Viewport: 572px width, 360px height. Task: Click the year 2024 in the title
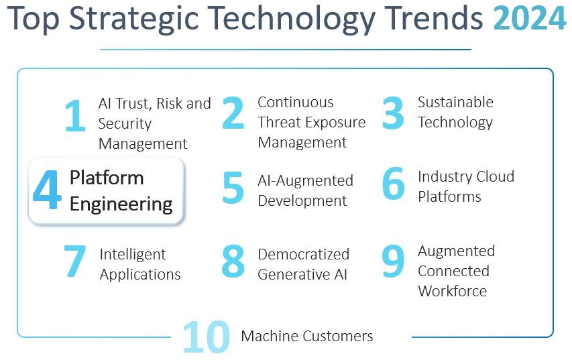tap(529, 18)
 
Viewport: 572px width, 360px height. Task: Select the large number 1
tap(75, 115)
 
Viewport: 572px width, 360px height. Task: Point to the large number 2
tap(233, 113)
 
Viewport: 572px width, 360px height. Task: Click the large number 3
tap(393, 113)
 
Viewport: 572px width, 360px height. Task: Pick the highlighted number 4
tap(47, 190)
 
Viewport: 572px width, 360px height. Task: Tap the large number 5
tap(233, 188)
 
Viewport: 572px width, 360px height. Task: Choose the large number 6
tap(393, 184)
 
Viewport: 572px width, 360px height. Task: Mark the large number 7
tap(75, 261)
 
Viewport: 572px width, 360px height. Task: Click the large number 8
tap(233, 261)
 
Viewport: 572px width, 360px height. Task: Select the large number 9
tap(393, 261)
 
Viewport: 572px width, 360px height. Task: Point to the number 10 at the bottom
tap(207, 337)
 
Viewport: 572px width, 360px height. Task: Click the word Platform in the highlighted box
tap(107, 178)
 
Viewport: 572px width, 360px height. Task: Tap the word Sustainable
tap(455, 102)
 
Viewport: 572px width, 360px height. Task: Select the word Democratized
tap(304, 254)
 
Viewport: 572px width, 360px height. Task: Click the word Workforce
tap(453, 291)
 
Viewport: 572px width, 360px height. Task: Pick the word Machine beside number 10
tap(268, 336)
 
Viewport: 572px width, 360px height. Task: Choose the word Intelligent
tap(133, 255)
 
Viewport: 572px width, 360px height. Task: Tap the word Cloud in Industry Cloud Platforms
tap(495, 176)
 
